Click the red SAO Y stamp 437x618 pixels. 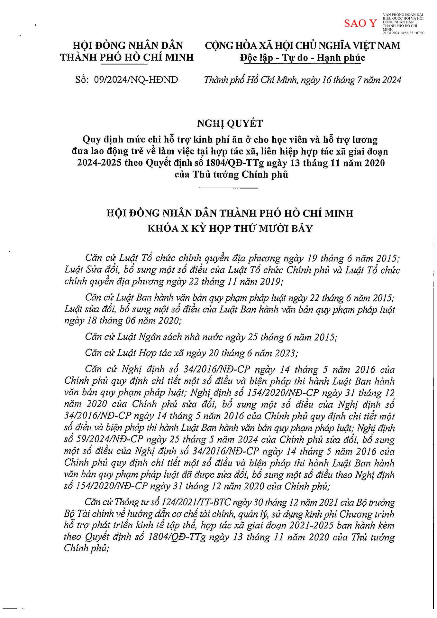click(360, 23)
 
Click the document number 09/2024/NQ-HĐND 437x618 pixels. click(136, 80)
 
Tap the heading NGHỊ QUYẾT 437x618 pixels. click(230, 123)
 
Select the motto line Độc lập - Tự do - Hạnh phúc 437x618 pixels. click(303, 58)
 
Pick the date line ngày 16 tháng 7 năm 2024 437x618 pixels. click(351, 80)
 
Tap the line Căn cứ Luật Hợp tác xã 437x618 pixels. click(192, 353)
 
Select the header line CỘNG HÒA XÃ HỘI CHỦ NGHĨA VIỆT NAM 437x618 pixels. click(303, 45)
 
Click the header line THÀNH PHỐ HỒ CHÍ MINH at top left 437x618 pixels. click(127, 57)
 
